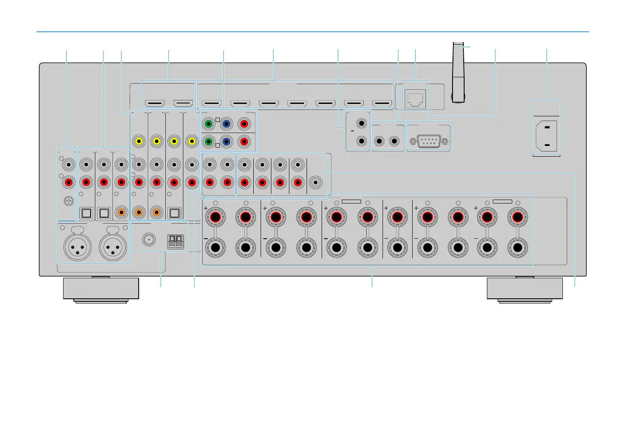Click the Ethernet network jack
(x=415, y=99)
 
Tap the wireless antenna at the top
(x=458, y=73)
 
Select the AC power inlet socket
(x=547, y=136)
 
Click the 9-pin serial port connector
(x=428, y=141)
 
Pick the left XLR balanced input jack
(x=77, y=247)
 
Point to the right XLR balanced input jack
(x=113, y=247)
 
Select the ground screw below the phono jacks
(x=68, y=200)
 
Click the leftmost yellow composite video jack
(x=139, y=141)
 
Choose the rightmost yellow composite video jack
(x=192, y=141)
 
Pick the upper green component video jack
(x=209, y=124)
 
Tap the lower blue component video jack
(x=226, y=141)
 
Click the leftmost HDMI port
(x=155, y=103)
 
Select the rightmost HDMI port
(x=382, y=103)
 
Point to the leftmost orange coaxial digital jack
(x=122, y=212)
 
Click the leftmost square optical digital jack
(x=86, y=212)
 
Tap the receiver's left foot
(x=101, y=289)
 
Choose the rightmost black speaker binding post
(x=518, y=248)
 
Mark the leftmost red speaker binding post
(x=215, y=217)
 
